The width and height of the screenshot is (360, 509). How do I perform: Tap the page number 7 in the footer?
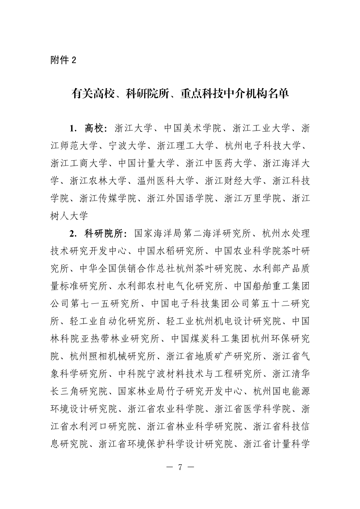coord(180,467)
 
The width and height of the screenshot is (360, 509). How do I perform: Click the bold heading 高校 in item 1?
coord(94,128)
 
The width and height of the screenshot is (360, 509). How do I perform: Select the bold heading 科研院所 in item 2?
coord(103,233)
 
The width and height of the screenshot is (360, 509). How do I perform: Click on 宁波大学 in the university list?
coord(127,146)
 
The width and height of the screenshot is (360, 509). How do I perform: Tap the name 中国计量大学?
coord(147,163)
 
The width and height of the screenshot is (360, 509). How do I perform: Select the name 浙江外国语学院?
coord(180,199)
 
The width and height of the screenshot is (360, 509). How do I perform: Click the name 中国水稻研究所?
coord(171,251)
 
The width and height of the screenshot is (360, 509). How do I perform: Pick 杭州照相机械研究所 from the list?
coord(113,357)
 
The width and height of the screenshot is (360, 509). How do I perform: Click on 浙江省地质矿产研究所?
coord(214,357)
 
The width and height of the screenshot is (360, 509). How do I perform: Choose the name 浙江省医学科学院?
coord(253,409)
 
